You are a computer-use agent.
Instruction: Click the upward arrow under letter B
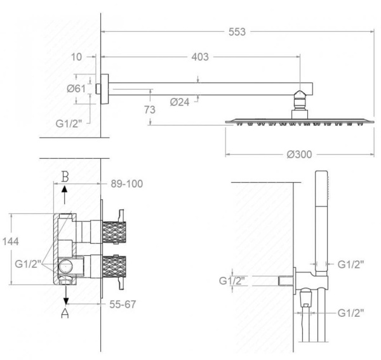coord(65,190)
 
